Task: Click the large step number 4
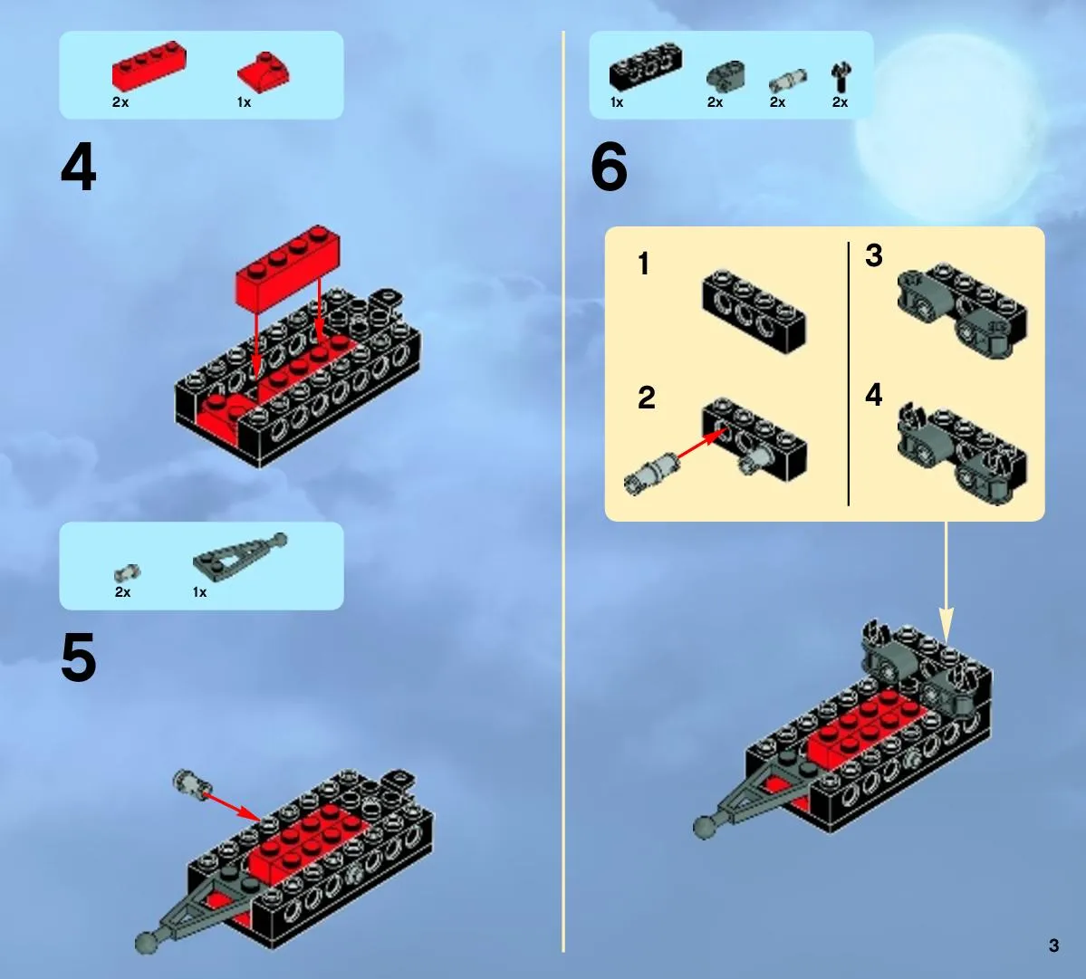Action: point(78,168)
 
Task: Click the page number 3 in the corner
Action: point(1053,945)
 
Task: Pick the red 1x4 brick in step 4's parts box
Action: point(149,66)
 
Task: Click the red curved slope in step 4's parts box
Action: point(264,72)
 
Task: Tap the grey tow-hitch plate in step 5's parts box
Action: point(240,553)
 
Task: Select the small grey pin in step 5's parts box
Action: point(127,573)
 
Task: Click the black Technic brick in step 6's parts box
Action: point(646,66)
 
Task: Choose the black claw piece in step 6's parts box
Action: point(841,77)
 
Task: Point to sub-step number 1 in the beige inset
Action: point(643,264)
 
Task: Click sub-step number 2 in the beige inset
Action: point(646,398)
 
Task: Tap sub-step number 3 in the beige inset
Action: point(874,254)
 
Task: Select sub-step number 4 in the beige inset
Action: point(874,395)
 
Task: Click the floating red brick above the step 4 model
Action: point(287,265)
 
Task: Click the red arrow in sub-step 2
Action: point(701,444)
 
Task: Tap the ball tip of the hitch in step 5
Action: point(146,942)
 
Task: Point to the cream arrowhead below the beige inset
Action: point(947,624)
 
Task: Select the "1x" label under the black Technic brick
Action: point(617,102)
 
